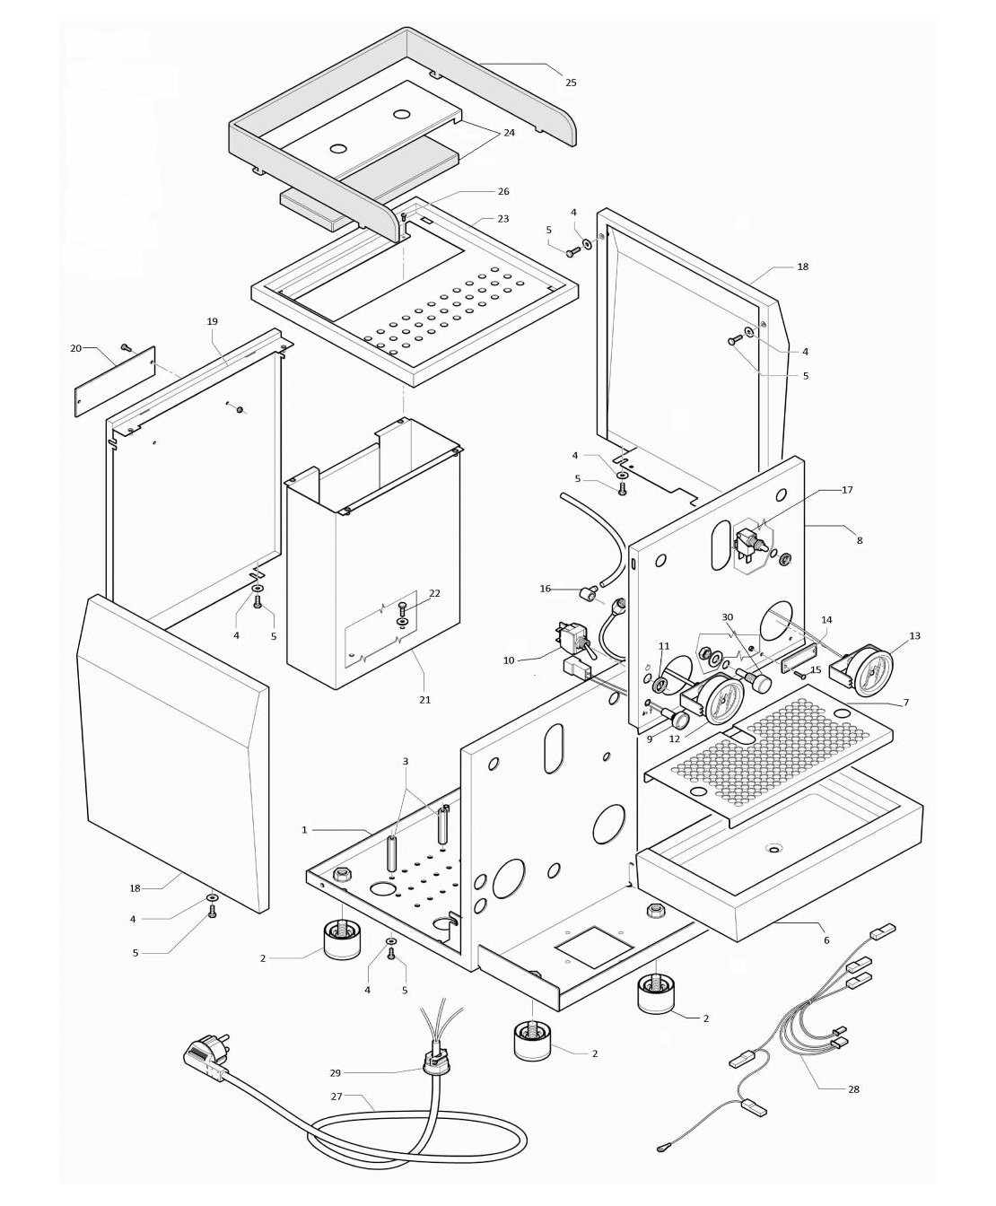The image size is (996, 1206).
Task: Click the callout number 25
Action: coord(571,83)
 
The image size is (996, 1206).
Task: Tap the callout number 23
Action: coord(502,219)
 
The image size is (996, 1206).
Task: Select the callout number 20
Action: coord(76,348)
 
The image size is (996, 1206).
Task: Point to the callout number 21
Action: coord(424,699)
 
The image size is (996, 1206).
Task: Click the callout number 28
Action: coord(852,1089)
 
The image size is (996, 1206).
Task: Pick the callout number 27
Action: coord(337,1096)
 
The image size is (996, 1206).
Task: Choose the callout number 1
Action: coord(304,830)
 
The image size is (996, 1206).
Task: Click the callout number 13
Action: coord(914,636)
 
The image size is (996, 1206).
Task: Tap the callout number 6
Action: coord(826,940)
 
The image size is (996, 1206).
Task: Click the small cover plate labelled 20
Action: coord(114,381)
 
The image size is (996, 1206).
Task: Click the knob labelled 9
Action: coord(678,718)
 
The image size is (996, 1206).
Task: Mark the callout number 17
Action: coord(847,490)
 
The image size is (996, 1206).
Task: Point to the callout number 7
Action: coord(905,703)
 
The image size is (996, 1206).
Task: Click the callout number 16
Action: coord(545,589)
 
